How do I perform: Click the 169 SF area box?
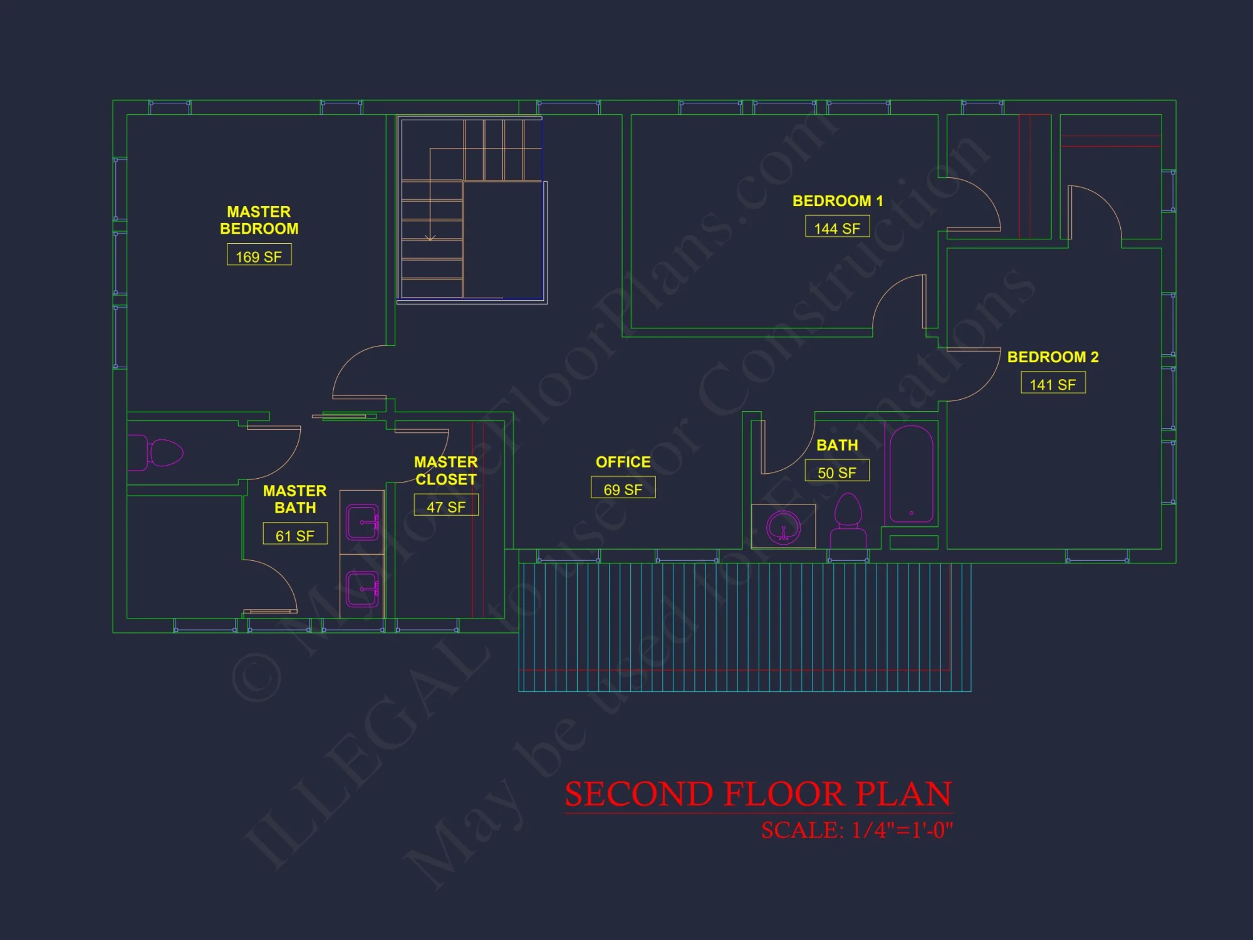(x=259, y=255)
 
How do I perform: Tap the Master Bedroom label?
(x=259, y=220)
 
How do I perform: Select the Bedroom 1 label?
(x=837, y=201)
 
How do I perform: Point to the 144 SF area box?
(x=837, y=227)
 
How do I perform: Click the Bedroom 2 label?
(x=1053, y=357)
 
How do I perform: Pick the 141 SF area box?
(x=1053, y=383)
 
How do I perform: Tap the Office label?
(x=623, y=462)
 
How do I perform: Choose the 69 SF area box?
(x=623, y=488)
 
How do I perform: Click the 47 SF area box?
(x=446, y=506)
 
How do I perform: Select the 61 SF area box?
(x=295, y=534)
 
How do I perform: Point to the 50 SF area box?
(x=837, y=471)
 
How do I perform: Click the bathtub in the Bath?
(x=912, y=474)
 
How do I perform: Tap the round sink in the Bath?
(x=783, y=527)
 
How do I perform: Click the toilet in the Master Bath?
(x=160, y=452)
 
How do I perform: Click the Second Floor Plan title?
(x=758, y=794)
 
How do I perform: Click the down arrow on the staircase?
(x=430, y=237)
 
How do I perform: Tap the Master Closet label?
(x=446, y=471)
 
